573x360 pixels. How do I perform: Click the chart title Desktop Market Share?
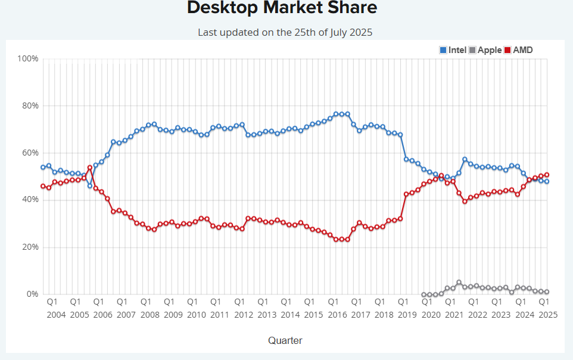[282, 8]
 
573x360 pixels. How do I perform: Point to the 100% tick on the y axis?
[28, 58]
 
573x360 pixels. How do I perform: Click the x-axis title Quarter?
[285, 341]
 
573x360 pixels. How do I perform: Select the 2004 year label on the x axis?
[56, 315]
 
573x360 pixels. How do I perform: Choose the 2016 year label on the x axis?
[337, 315]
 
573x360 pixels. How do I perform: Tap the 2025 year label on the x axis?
[547, 315]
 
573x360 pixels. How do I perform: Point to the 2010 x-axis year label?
[197, 315]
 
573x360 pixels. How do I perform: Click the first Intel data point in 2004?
[43, 167]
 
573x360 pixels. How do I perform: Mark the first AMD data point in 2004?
[43, 186]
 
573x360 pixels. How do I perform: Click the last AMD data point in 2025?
[547, 175]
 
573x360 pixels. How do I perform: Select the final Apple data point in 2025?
[547, 292]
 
